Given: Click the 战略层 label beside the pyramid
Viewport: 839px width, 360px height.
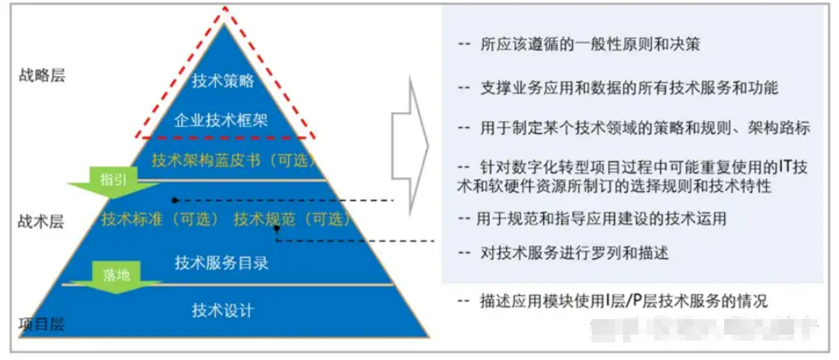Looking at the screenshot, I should [42, 76].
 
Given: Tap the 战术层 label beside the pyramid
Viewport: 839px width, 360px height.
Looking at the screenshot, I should [41, 222].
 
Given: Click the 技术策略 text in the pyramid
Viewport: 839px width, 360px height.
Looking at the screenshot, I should [223, 82].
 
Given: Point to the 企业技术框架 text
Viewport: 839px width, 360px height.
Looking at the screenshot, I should [222, 119].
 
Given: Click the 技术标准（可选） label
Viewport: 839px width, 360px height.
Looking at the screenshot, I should [160, 219].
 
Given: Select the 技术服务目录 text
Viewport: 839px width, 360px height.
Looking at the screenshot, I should [221, 263].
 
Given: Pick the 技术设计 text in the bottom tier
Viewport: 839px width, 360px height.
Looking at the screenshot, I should [222, 311].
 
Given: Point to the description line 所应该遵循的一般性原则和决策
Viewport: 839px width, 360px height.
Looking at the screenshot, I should [589, 45].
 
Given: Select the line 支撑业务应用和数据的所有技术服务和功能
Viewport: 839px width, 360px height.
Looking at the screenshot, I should [627, 88].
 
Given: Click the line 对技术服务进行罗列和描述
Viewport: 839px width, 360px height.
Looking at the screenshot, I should [573, 252].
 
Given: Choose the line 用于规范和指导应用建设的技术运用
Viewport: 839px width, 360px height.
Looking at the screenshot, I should [600, 219].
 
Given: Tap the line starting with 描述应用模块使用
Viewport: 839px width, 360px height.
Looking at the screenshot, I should [622, 302].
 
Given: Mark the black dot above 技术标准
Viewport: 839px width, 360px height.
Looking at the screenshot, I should [174, 200].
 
